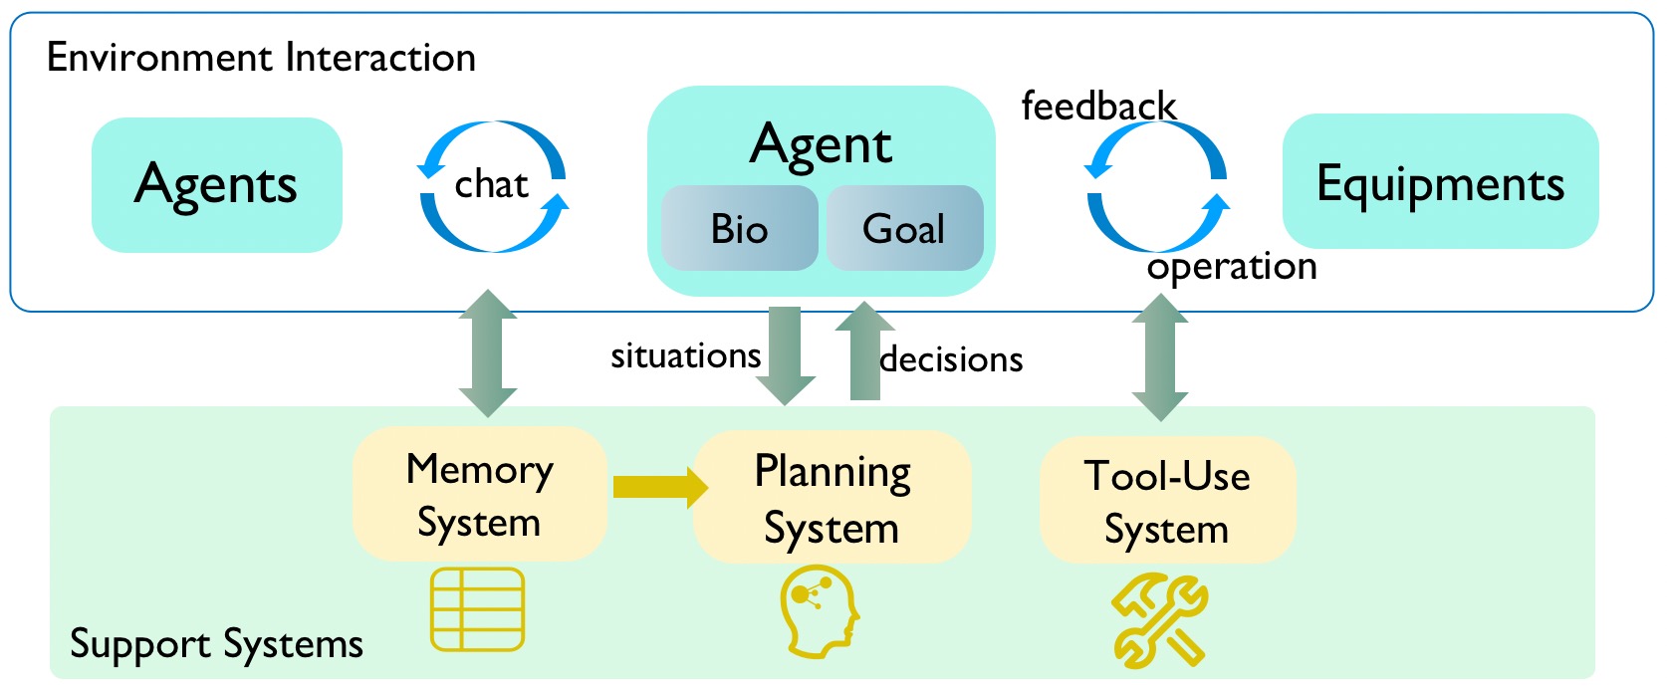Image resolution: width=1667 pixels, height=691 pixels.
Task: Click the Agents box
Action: [x=216, y=185]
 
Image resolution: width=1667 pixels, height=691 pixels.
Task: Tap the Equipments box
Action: [x=1440, y=182]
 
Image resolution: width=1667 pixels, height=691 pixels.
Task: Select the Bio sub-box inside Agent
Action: [x=739, y=229]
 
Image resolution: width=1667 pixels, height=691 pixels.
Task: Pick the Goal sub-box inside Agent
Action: [x=904, y=229]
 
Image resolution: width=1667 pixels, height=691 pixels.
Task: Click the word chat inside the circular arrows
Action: [x=491, y=185]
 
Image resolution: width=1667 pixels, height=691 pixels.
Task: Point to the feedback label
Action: [x=1098, y=106]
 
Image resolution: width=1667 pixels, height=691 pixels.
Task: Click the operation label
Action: [x=1232, y=267]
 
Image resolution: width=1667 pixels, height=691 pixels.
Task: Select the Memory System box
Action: [x=480, y=495]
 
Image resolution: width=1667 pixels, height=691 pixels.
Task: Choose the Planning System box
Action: [x=832, y=498]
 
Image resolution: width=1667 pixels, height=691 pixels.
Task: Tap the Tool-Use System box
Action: [x=1167, y=501]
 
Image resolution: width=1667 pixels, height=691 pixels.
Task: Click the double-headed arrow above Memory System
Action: [x=488, y=352]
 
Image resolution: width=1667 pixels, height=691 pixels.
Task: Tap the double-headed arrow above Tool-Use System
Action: [x=1160, y=356]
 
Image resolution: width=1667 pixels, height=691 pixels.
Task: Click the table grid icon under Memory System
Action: [x=478, y=609]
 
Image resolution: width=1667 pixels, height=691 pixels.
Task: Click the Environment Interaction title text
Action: [x=261, y=58]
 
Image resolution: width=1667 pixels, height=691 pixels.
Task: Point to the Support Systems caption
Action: [x=216, y=644]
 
